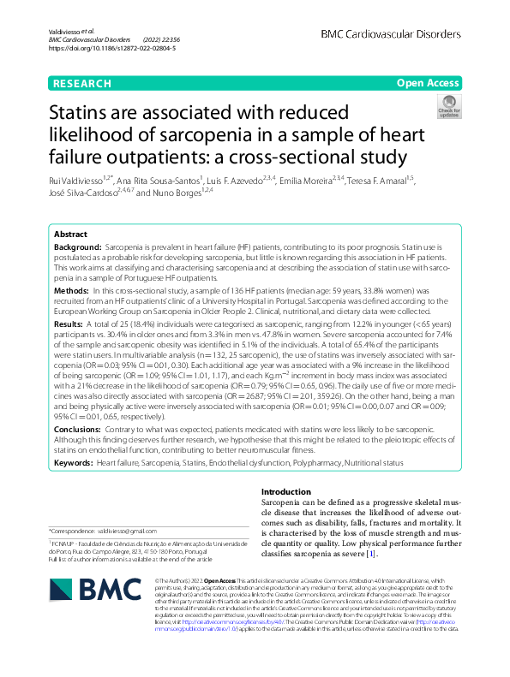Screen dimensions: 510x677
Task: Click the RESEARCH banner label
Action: tap(82, 84)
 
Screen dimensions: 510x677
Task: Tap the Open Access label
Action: tap(429, 84)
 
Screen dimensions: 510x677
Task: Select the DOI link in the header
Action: tap(112, 49)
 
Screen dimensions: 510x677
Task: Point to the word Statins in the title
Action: tap(83, 114)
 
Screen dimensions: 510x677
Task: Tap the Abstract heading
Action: tap(70, 235)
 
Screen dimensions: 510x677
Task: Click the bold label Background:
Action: tap(76, 246)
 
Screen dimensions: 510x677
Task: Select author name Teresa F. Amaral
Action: tap(395, 181)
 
